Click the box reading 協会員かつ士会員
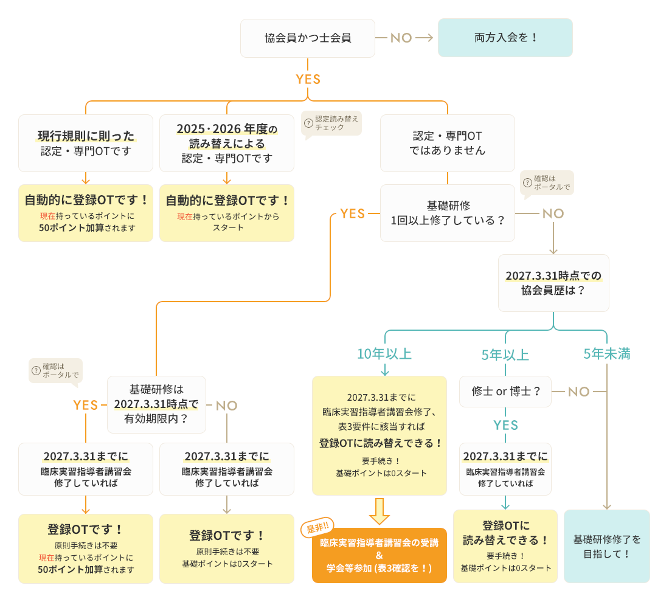click(x=308, y=38)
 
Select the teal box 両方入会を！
click(x=505, y=38)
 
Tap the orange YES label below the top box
click(x=308, y=79)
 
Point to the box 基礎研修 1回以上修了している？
click(x=448, y=213)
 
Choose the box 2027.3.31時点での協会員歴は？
click(x=553, y=283)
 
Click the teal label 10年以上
click(x=384, y=354)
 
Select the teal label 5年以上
click(x=505, y=355)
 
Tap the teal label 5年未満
click(x=606, y=354)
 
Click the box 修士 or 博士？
click(x=505, y=392)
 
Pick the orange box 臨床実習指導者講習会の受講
click(x=380, y=555)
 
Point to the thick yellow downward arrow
click(x=380, y=511)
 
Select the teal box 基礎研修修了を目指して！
click(x=607, y=546)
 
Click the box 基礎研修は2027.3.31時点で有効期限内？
click(x=156, y=404)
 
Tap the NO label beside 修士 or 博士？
click(x=579, y=392)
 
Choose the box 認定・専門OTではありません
click(x=448, y=143)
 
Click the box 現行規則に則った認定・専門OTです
click(x=86, y=143)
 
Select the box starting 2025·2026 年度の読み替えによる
click(x=227, y=143)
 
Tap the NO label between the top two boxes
click(x=401, y=38)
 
